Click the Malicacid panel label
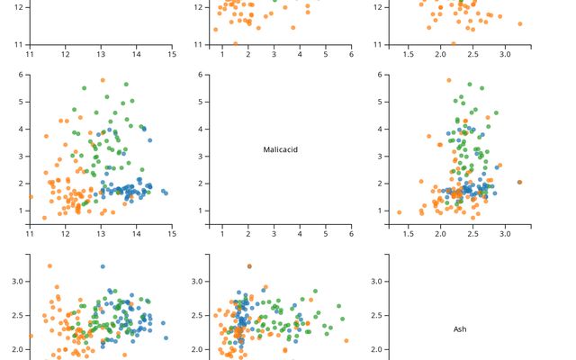280,149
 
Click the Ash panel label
460,329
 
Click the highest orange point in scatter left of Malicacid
103,80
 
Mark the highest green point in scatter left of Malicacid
126,85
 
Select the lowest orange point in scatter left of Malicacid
44,218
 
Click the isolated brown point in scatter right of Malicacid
519,182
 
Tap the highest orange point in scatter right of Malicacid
448,80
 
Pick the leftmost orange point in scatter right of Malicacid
399,212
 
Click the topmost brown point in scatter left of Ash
249,266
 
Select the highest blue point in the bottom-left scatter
103,267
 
